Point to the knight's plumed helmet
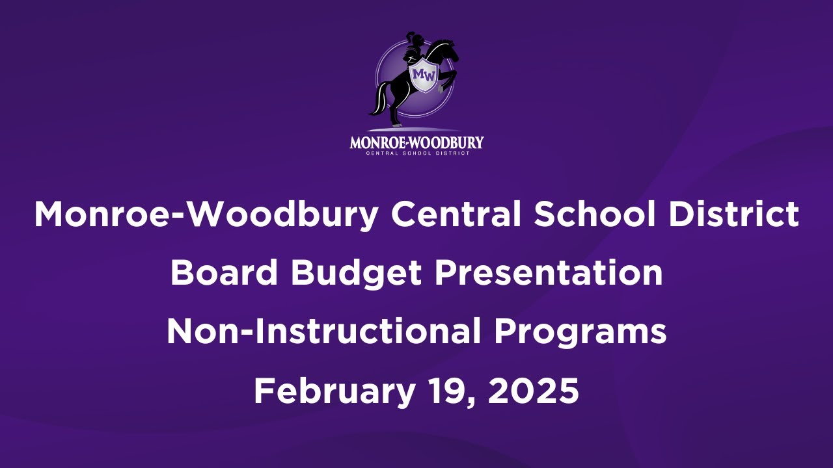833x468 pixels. (x=412, y=40)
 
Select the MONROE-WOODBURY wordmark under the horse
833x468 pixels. (x=416, y=142)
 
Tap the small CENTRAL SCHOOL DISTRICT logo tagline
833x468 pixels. (x=416, y=153)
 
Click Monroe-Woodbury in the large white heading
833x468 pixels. (x=205, y=214)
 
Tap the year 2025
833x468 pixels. (x=533, y=391)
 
